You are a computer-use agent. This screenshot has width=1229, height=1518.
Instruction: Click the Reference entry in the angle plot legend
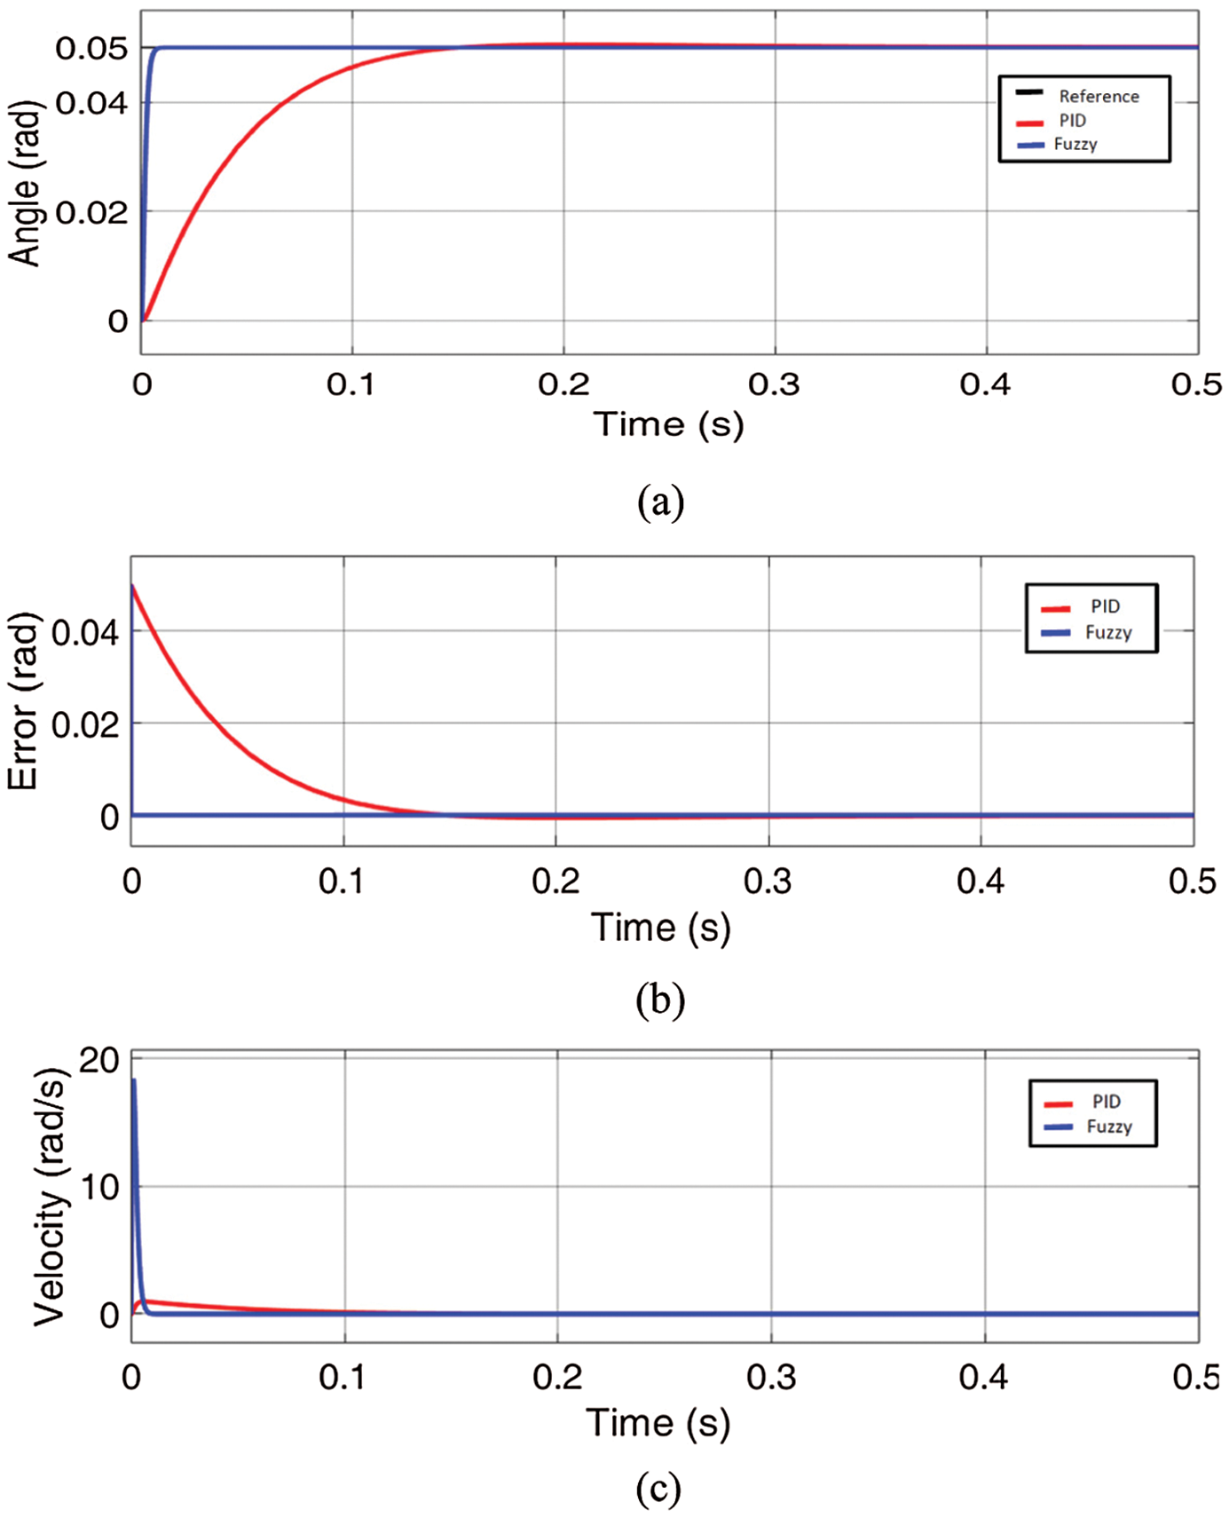point(1098,96)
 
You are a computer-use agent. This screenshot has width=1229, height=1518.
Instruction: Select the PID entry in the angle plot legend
point(1072,121)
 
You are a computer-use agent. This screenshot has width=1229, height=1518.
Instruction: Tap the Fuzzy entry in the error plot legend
point(1107,632)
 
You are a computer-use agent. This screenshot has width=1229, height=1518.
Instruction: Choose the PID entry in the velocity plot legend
point(1106,1102)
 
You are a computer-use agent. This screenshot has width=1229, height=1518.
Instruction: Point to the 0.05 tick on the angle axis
point(91,48)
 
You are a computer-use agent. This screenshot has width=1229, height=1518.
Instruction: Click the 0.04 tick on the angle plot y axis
point(91,103)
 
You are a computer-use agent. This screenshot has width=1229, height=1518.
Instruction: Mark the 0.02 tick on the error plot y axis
point(85,724)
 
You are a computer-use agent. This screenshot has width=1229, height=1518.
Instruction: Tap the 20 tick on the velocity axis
point(98,1060)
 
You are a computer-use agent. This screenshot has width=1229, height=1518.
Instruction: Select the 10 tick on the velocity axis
point(99,1187)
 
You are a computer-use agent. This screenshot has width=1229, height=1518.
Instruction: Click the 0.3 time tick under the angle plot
point(774,384)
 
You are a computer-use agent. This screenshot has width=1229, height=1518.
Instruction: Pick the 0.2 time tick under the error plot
point(555,881)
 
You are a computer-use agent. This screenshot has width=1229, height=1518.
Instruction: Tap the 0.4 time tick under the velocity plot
point(983,1377)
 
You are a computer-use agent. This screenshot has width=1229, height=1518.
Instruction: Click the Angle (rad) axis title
point(25,184)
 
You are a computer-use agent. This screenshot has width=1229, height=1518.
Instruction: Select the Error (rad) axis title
point(23,701)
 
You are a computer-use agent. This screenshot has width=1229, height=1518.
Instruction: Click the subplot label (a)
point(660,502)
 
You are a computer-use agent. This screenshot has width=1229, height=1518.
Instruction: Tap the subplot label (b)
point(660,1000)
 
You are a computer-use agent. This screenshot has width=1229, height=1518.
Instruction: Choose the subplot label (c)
point(658,1489)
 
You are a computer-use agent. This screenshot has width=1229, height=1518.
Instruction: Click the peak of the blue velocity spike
point(134,1080)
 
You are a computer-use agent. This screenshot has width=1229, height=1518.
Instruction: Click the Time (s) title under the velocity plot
point(658,1423)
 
